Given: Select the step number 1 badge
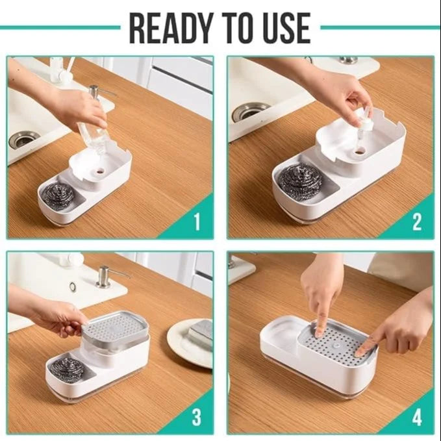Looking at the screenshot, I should click(x=197, y=223).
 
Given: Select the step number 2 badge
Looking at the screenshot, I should click(x=417, y=223).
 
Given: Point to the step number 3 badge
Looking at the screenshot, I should click(x=197, y=416).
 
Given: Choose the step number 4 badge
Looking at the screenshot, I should click(x=417, y=416).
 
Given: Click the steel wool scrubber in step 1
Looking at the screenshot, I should click(x=58, y=195).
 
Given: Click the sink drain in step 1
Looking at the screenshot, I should click(x=24, y=139).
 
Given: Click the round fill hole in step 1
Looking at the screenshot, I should click(x=99, y=173).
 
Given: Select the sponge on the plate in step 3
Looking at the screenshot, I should click(x=200, y=334).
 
